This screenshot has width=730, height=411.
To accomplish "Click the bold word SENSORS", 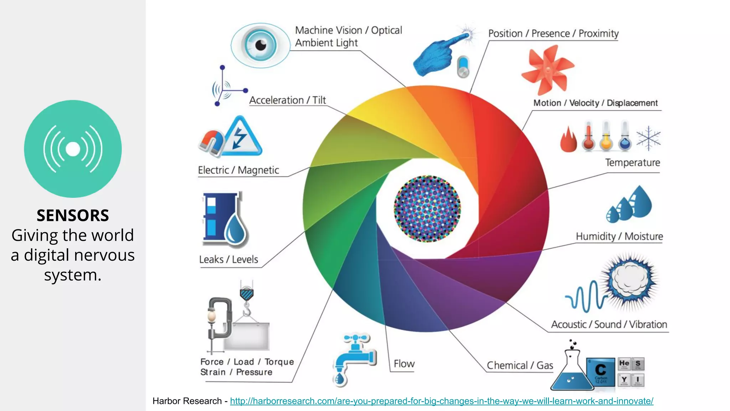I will (x=73, y=215).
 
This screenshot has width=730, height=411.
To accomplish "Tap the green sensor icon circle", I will (x=73, y=149).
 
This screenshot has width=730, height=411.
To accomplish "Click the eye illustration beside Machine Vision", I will (x=260, y=45).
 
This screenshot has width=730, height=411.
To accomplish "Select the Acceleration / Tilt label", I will (x=287, y=100).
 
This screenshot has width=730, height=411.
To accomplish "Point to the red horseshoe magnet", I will (x=211, y=143).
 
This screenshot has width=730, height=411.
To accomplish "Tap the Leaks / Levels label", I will (x=228, y=259).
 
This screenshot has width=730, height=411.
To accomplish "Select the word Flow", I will (x=404, y=364).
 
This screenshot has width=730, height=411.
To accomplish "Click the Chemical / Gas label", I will (x=520, y=365).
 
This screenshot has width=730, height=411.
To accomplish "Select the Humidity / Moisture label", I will (x=619, y=236).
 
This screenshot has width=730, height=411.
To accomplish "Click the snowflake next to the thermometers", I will (x=648, y=138).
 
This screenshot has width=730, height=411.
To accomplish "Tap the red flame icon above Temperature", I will (x=568, y=140).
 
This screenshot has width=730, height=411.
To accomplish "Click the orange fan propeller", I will (x=546, y=69).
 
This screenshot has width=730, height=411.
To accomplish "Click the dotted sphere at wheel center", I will (x=427, y=209).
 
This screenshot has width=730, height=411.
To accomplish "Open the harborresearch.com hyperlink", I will (x=441, y=401).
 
